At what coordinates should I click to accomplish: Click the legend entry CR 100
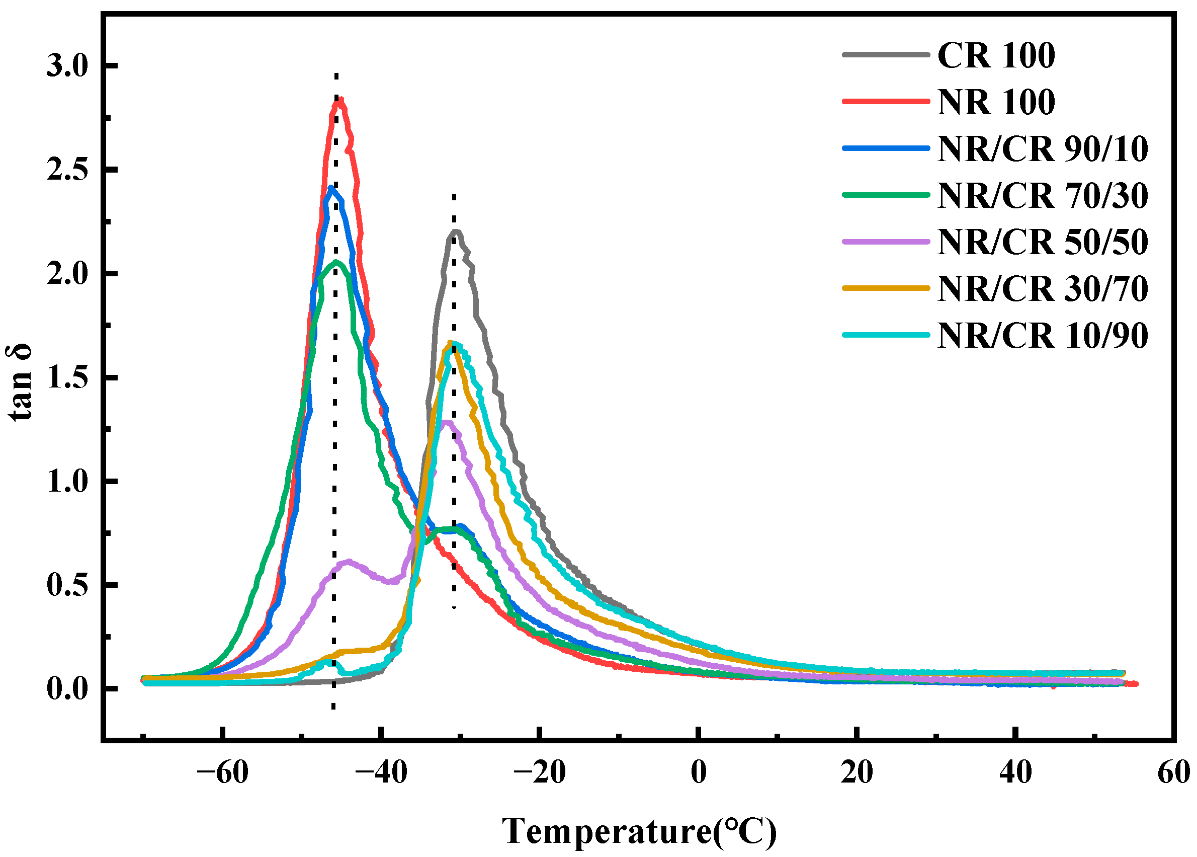[995, 55]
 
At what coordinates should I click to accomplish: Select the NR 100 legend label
[995, 102]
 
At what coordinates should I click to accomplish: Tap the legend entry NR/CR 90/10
[1042, 149]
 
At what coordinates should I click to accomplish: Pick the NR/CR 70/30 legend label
[1042, 196]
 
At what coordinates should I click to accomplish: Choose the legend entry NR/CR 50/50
[1042, 242]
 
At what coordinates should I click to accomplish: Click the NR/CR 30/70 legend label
[1042, 289]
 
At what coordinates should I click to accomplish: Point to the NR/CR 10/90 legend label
[1042, 336]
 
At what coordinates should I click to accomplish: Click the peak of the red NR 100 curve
[340, 100]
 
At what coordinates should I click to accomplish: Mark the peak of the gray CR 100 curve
[457, 231]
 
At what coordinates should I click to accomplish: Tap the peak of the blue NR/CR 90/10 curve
[330, 188]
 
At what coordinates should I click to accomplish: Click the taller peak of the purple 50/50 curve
[446, 422]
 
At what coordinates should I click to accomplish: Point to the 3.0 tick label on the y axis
[66, 66]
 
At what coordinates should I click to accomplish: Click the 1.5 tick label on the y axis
[66, 378]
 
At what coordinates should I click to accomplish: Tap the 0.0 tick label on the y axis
[66, 689]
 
